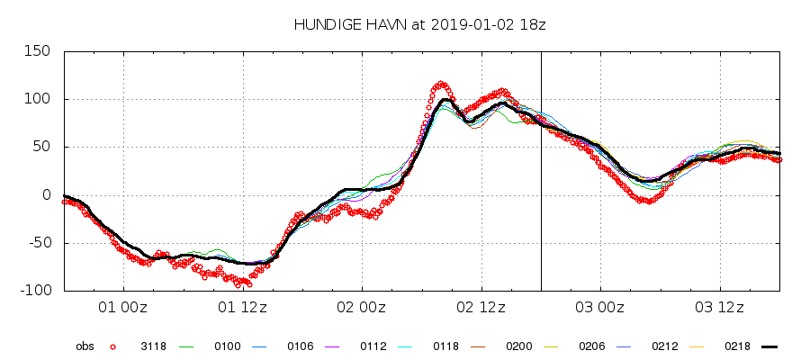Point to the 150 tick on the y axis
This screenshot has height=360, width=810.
point(37,51)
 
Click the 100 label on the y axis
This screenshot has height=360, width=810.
point(37,99)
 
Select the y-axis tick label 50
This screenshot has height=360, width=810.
point(41,147)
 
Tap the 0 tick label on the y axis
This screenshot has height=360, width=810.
point(46,194)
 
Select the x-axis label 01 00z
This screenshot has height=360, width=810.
point(123,308)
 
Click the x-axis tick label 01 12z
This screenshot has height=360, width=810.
point(243,308)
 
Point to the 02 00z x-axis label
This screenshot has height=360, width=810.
point(363,308)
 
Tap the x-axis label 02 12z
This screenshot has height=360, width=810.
point(481,308)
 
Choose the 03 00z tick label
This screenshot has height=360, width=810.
point(601,308)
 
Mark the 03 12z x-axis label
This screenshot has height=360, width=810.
point(721,308)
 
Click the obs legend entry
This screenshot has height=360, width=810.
point(85,346)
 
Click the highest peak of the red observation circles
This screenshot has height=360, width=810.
point(441,85)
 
